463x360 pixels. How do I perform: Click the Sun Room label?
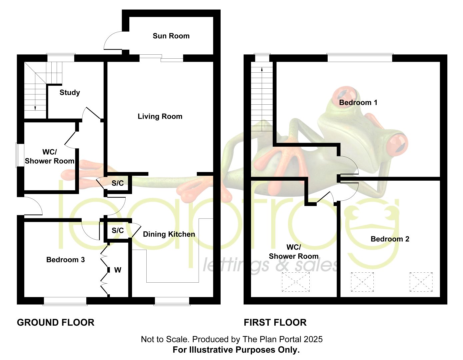(x=171, y=36)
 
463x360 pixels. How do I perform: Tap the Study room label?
(x=70, y=92)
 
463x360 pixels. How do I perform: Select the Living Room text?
(x=160, y=116)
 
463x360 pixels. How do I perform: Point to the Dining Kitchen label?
(x=169, y=234)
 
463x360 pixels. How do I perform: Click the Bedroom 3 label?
(x=65, y=260)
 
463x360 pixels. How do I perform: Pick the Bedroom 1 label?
(x=358, y=102)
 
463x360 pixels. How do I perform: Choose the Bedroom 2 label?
(x=390, y=239)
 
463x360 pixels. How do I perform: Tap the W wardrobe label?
(x=118, y=270)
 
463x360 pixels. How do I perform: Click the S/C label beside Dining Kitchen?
(x=118, y=230)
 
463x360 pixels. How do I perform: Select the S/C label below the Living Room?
(x=118, y=183)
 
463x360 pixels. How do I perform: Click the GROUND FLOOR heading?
(x=56, y=323)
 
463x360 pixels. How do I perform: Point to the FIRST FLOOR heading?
(x=275, y=323)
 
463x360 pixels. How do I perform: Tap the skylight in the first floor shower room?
(x=296, y=282)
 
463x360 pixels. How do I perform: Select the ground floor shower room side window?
(x=20, y=155)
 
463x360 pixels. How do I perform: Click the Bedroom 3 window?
(x=65, y=301)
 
